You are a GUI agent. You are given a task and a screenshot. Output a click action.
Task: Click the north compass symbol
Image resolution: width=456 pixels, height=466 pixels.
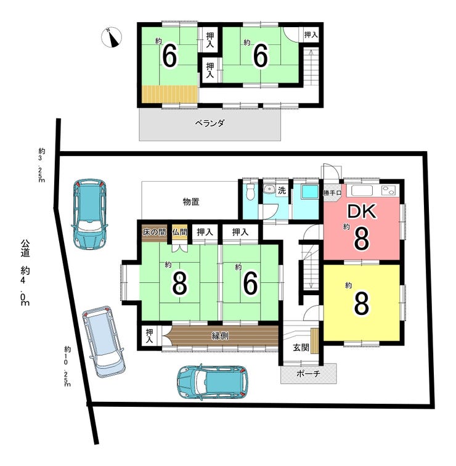[x=112, y=38]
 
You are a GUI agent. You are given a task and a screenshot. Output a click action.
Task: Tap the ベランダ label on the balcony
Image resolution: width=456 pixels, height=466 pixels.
[x=210, y=123]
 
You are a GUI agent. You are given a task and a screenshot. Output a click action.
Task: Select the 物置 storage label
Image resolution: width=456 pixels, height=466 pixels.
[x=190, y=202]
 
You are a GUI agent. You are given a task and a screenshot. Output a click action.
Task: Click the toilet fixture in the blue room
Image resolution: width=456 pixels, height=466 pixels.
[x=251, y=192]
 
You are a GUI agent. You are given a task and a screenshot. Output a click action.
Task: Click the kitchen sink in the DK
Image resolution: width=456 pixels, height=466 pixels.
[x=362, y=190]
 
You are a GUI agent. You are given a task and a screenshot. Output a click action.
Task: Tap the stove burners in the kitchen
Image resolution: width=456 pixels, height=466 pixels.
[x=389, y=190]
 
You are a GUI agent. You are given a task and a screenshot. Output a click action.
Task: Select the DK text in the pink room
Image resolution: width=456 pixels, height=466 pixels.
[x=362, y=211]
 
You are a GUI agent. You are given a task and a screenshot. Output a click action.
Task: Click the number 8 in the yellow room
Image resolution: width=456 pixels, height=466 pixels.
[x=362, y=303]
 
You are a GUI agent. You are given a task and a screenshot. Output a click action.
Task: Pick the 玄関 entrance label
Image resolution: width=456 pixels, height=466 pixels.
[x=301, y=348]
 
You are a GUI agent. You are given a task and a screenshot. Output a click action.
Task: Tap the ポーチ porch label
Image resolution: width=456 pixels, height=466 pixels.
[x=308, y=374]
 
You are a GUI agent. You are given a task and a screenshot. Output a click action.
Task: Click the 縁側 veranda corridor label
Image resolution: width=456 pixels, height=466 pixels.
[x=220, y=336]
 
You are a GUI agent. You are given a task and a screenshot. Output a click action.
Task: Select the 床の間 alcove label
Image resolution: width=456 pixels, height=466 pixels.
[x=154, y=232]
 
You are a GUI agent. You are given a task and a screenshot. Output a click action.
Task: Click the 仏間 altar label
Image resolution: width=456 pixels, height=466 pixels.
[x=179, y=232]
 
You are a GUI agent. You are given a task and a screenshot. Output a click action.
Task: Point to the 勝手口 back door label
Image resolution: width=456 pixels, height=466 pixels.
[x=332, y=193]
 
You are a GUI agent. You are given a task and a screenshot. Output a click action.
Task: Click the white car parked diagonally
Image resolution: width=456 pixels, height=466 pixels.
[x=104, y=341]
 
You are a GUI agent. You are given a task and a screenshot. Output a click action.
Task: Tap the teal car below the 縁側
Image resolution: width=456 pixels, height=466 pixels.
[x=213, y=383]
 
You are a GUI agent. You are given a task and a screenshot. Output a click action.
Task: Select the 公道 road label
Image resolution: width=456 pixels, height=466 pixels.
[x=25, y=248]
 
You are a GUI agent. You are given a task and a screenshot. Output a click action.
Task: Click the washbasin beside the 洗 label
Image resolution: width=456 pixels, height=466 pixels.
[x=270, y=189]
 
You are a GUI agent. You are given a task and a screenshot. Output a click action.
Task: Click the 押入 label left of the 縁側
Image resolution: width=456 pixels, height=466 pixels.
[x=149, y=336]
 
